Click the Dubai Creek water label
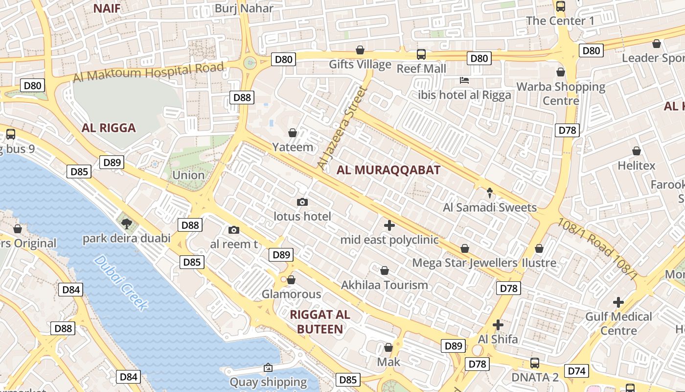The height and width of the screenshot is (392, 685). [x=121, y=283]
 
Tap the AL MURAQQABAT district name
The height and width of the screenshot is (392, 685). [x=388, y=171]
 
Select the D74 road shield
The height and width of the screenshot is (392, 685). [x=576, y=371]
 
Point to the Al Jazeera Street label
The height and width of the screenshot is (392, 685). [x=342, y=128]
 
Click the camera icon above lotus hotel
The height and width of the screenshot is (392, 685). [x=302, y=202]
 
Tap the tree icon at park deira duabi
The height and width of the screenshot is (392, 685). [x=127, y=224]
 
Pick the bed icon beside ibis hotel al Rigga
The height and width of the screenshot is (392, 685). [x=464, y=80]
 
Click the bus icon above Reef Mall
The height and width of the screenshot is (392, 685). [x=421, y=54]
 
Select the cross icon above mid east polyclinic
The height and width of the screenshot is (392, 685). [x=389, y=225]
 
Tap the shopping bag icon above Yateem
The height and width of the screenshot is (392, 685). [x=293, y=133]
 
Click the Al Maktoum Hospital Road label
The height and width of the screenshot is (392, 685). [x=149, y=72]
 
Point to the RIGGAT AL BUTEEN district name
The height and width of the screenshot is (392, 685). [x=320, y=322]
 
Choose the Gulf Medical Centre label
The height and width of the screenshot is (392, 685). [x=618, y=323]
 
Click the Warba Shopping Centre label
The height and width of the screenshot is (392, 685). [x=561, y=94]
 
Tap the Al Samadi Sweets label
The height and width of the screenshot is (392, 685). [x=490, y=208]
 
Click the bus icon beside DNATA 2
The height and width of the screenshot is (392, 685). [x=534, y=363]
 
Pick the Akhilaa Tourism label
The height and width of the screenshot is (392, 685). [x=384, y=285]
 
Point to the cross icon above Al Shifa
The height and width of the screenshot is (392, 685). [x=498, y=325]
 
